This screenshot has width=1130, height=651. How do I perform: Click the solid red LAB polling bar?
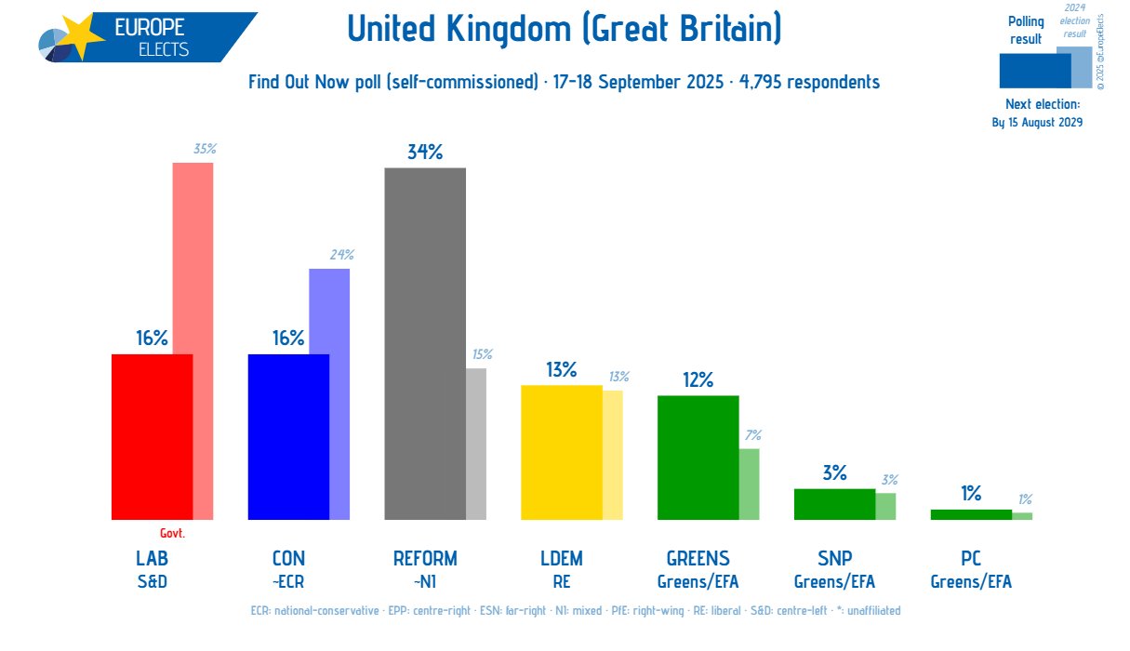point(152,437)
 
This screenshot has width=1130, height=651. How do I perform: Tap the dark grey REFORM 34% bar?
point(425,344)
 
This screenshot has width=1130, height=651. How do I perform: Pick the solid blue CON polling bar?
point(288,437)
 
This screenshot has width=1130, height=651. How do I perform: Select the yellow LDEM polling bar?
point(562,452)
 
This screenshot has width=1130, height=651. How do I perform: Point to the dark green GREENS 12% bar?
point(698,458)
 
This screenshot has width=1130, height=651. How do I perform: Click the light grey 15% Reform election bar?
point(476,444)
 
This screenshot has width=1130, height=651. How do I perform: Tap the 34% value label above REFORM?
point(425,152)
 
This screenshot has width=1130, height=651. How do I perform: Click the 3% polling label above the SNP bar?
point(834,472)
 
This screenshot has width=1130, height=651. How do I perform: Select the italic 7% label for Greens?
point(752,434)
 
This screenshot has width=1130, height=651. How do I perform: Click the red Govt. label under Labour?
point(172,534)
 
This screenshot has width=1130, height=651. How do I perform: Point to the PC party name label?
point(971,559)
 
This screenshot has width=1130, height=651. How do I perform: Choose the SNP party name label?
point(834,559)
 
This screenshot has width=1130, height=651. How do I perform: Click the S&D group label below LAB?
point(152,582)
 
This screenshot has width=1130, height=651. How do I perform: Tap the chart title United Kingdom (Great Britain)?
point(565,30)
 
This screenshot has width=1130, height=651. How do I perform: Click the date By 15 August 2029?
point(1037,122)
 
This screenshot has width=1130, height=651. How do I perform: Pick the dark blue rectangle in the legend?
point(1034,70)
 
